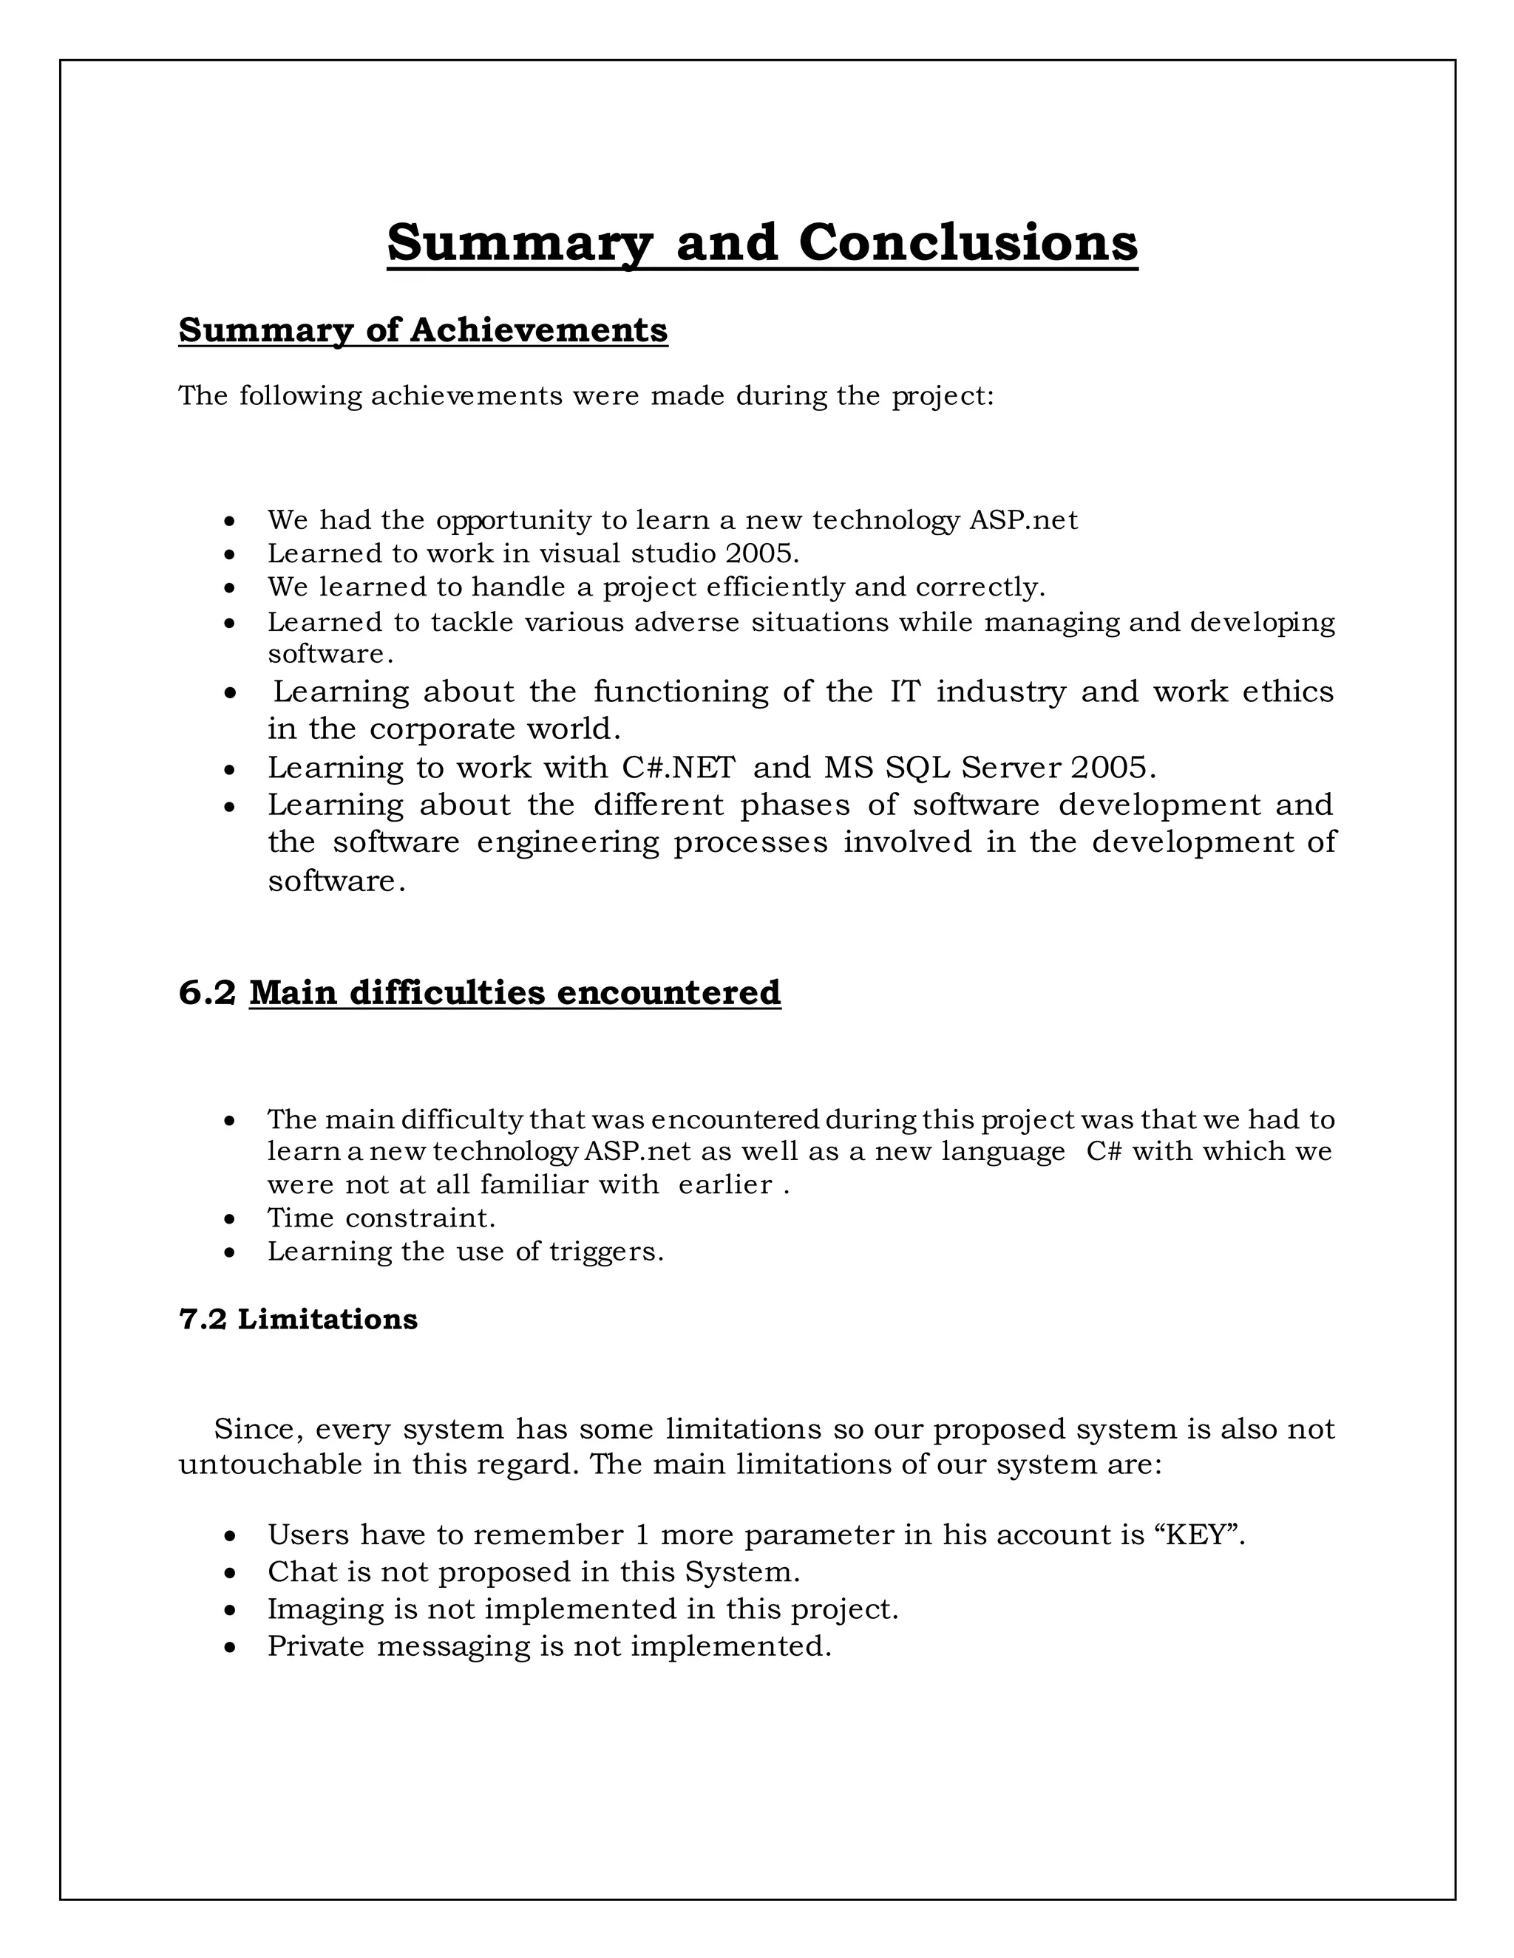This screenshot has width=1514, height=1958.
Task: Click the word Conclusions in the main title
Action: point(968,242)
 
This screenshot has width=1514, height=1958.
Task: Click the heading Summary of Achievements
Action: point(422,330)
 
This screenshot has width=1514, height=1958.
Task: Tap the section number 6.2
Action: point(207,992)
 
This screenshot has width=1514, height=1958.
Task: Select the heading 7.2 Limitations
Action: point(298,1319)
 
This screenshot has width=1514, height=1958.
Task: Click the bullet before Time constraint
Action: point(231,1219)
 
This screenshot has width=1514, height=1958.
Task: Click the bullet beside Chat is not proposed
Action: point(231,1573)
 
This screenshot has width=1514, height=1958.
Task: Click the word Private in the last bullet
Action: point(316,1646)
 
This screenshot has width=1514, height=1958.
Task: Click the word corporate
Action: point(443,728)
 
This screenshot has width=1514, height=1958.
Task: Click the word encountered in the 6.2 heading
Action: point(668,992)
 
